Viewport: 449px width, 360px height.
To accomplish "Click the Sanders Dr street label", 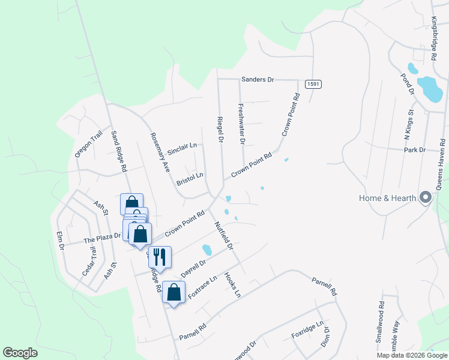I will (258, 79).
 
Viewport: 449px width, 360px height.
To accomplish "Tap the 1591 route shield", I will (312, 85).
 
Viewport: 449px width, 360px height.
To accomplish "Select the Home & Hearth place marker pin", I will (426, 197).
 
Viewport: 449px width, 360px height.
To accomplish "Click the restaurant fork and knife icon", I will (160, 257).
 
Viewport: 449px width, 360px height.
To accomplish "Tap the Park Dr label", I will (414, 149).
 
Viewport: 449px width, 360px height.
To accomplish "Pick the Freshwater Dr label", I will (241, 125).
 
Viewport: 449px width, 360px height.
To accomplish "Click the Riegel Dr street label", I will (220, 129).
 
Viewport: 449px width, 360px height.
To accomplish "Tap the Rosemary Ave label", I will (160, 152).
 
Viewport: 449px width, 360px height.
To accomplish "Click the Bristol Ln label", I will (190, 179).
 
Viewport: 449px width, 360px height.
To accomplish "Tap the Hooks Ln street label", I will (232, 284).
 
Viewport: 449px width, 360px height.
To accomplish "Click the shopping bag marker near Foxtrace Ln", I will (173, 292).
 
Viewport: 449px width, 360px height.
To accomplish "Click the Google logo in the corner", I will (20, 353).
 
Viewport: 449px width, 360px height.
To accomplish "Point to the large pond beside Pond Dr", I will (430, 89).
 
